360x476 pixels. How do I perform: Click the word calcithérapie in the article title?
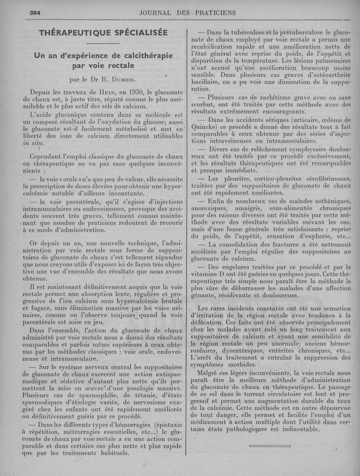(x=135, y=55)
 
